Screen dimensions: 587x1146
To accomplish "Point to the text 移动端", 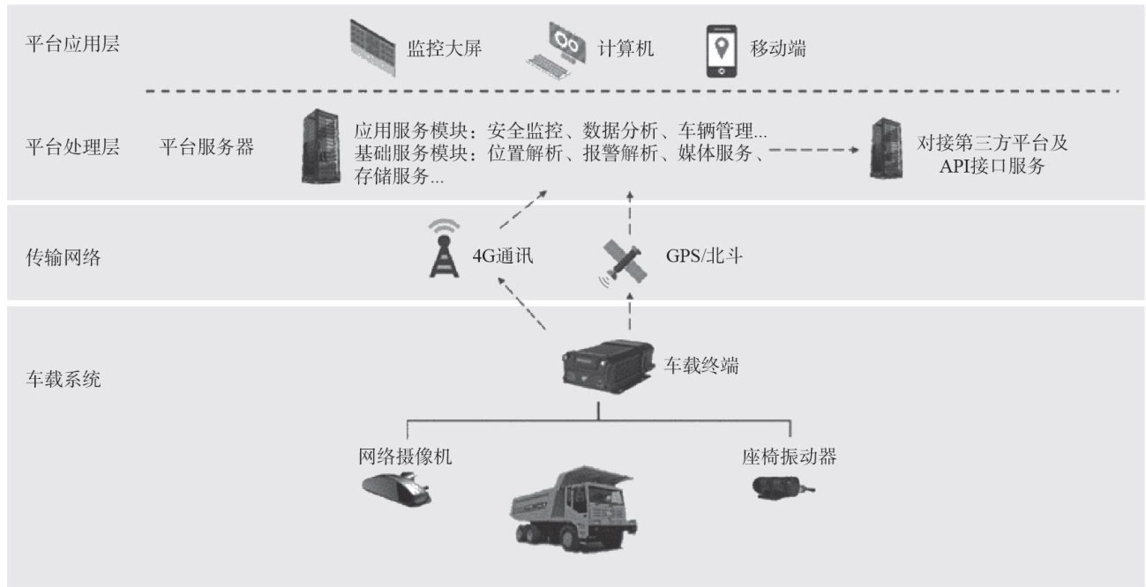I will (x=778, y=48).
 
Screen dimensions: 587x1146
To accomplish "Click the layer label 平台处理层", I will (x=73, y=147).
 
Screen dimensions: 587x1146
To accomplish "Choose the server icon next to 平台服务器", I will (x=319, y=147).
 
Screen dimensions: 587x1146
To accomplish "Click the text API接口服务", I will (x=992, y=166).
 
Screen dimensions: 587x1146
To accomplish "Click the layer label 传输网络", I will (x=64, y=257).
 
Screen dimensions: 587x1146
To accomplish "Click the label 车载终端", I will (x=701, y=364).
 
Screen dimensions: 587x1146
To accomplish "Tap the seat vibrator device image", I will (x=781, y=487).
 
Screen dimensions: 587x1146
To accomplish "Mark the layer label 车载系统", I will (x=64, y=381).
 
